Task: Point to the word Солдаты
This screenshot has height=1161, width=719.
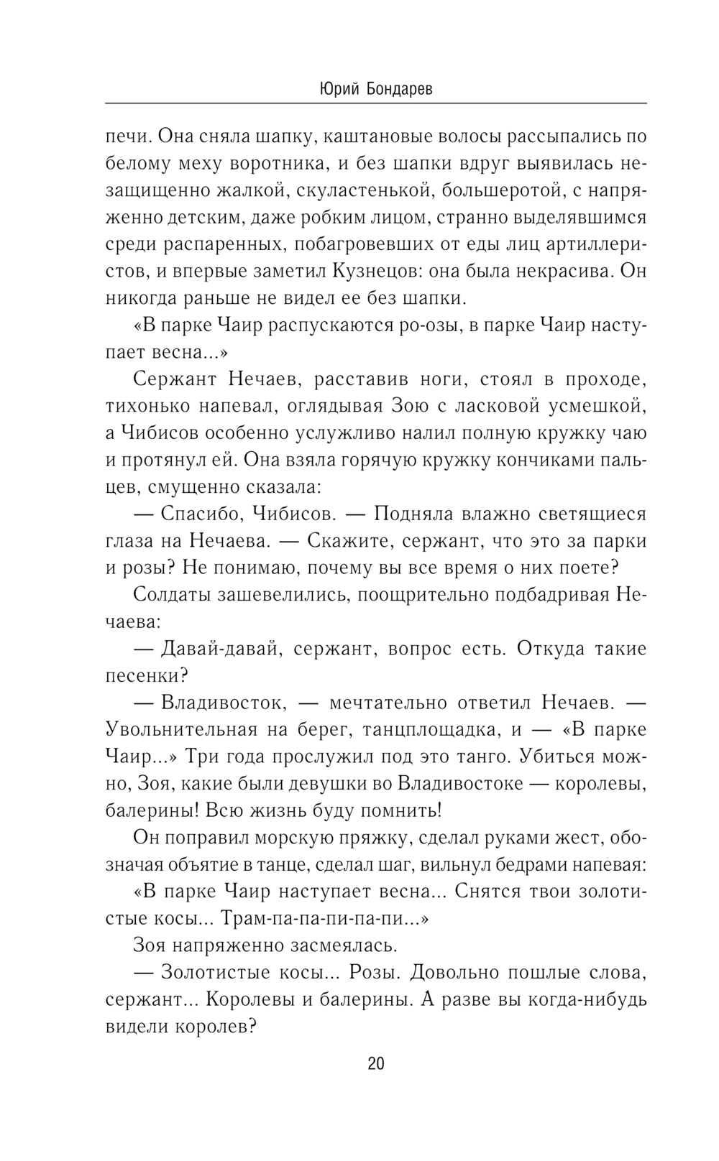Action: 171,596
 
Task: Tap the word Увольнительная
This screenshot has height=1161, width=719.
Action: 181,730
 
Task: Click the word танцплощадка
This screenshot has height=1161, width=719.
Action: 430,730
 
